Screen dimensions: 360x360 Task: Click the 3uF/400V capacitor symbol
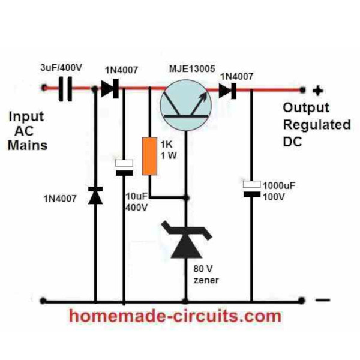click(65, 89)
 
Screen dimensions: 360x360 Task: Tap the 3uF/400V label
click(61, 68)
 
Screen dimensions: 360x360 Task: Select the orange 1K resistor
click(149, 156)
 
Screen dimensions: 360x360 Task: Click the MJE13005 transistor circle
click(186, 106)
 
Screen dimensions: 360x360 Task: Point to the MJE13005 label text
click(192, 68)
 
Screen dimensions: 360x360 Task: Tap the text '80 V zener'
click(206, 274)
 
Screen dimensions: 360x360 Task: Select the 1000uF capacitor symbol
click(251, 189)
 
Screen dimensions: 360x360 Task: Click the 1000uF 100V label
click(279, 191)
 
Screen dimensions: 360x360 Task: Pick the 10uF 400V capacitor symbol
click(124, 167)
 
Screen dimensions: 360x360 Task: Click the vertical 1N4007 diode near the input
click(95, 196)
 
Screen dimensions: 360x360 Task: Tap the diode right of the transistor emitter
click(227, 91)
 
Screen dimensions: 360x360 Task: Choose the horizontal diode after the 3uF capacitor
click(110, 89)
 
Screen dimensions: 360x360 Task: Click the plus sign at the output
click(318, 91)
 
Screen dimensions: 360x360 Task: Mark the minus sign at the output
click(323, 300)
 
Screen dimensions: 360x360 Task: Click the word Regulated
click(317, 125)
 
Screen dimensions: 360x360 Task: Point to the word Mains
click(28, 145)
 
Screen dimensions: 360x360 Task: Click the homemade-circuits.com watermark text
click(175, 316)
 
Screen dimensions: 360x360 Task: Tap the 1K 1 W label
click(169, 150)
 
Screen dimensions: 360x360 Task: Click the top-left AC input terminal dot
click(44, 88)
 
